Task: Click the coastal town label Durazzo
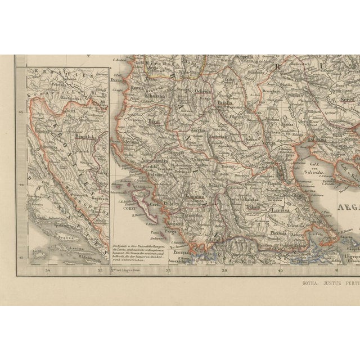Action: tap(118, 80)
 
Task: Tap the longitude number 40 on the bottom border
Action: tap(281, 272)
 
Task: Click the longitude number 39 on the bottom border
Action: tap(224, 272)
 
